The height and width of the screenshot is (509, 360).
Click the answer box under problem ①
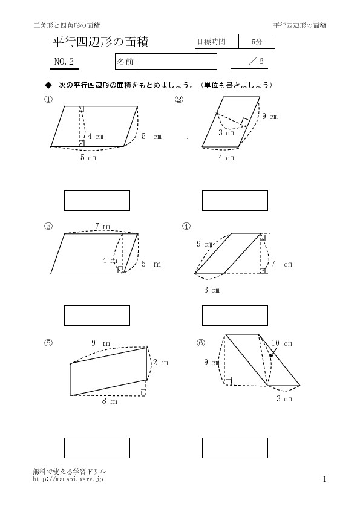[97, 201]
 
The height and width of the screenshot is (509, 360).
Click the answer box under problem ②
[235, 201]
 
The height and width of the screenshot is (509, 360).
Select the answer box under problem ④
[235, 316]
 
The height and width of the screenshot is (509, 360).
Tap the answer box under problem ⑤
[97, 448]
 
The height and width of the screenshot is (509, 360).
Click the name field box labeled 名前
[166, 61]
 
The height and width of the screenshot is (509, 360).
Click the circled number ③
[48, 226]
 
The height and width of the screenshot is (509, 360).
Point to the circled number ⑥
[201, 343]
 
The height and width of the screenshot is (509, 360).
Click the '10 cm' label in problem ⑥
[282, 343]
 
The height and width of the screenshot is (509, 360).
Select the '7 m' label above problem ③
[102, 227]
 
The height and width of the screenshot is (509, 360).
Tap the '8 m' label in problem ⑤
[110, 401]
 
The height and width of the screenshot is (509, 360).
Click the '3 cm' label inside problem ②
[226, 133]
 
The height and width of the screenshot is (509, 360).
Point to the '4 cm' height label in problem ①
[96, 137]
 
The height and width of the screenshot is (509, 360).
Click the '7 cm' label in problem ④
[282, 264]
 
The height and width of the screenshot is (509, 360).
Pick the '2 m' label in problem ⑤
[160, 362]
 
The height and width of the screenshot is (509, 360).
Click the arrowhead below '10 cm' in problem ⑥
[270, 355]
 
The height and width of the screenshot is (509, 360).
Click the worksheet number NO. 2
[64, 61]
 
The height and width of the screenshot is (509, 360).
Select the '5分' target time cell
[257, 42]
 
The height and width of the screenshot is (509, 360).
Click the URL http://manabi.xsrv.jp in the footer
[68, 479]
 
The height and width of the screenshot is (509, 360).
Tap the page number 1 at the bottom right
[324, 479]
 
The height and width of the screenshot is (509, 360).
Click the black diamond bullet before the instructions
[48, 85]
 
